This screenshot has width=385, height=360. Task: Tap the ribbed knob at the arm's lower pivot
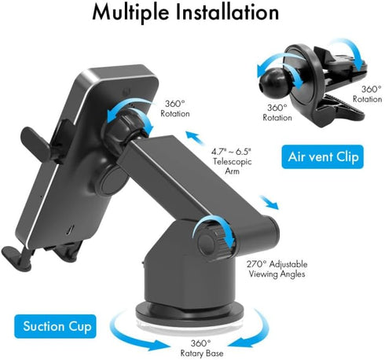(210, 238)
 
